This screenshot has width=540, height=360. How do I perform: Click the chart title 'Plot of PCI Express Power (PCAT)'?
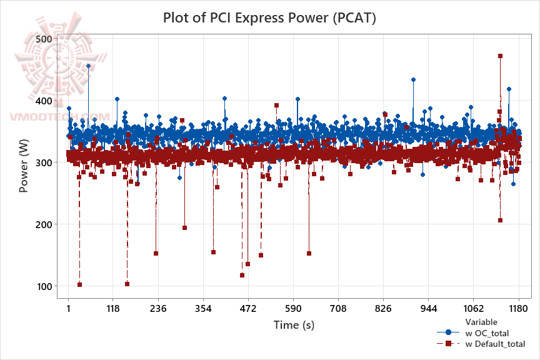[x=269, y=17]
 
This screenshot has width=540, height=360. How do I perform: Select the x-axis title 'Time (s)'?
[x=293, y=325]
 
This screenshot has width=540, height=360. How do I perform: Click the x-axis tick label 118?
[x=113, y=309]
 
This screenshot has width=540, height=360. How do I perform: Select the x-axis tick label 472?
[x=248, y=309]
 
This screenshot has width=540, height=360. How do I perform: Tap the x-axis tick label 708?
[x=338, y=309]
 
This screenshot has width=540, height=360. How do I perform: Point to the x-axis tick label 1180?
[x=518, y=309]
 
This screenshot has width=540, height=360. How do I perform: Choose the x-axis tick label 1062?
[x=473, y=309]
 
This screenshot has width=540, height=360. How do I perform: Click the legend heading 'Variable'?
[x=481, y=321]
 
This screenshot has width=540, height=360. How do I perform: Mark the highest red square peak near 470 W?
[x=500, y=56]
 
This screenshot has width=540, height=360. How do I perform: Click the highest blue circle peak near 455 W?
[x=88, y=66]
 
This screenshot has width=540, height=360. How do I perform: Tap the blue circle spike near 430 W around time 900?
[x=413, y=80]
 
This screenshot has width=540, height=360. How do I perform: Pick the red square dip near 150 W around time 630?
[x=309, y=253]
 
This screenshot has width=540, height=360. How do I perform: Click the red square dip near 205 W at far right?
[x=500, y=220]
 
